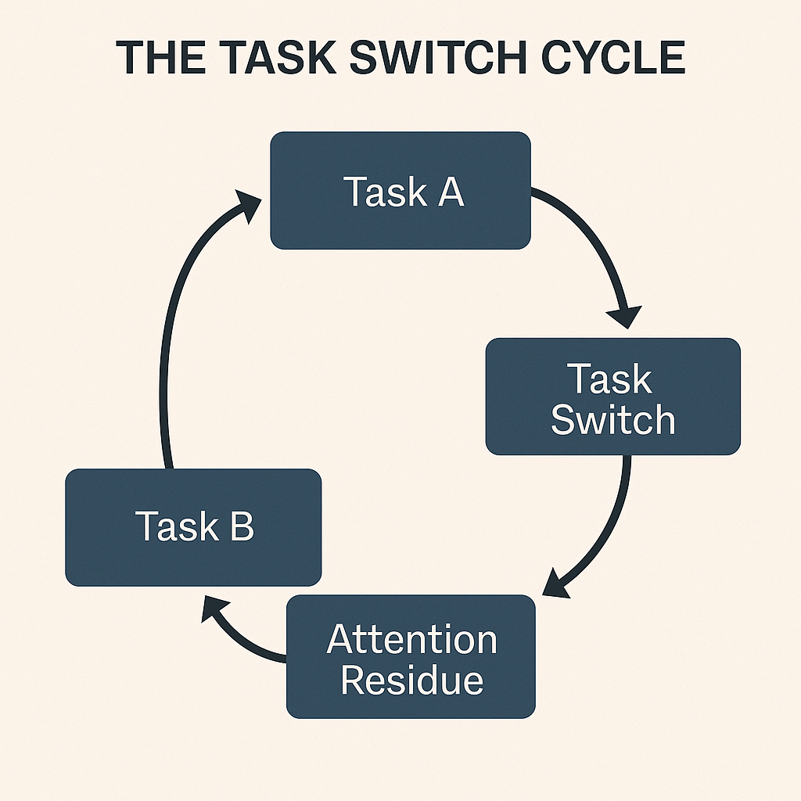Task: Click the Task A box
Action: coord(400,191)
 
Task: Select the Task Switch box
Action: coord(612,397)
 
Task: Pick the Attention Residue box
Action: coord(411,657)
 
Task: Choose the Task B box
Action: coord(193,527)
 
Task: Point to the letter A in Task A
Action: coord(451,192)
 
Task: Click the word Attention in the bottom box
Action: coord(411,639)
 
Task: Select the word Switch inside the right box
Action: coord(612,419)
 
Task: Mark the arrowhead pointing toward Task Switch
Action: coord(625,317)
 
